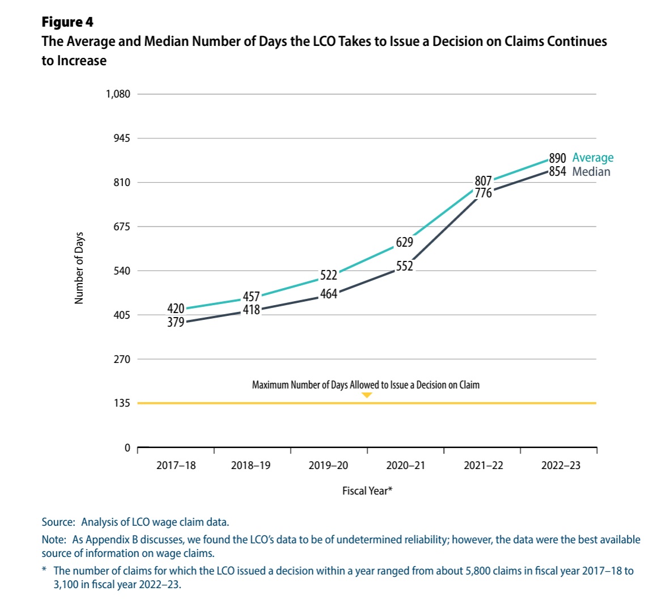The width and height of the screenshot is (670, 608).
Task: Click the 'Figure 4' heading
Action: (x=67, y=22)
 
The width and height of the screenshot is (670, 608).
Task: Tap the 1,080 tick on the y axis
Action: (x=118, y=94)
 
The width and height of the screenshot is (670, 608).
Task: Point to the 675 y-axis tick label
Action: (x=121, y=227)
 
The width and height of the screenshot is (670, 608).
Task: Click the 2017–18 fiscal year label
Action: (x=176, y=466)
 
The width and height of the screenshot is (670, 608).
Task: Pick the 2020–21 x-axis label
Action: (x=405, y=466)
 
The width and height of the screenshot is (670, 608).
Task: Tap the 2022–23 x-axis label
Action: (x=561, y=466)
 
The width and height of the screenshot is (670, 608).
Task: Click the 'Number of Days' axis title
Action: (x=79, y=268)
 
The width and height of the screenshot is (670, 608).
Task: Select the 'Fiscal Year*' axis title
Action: (x=367, y=491)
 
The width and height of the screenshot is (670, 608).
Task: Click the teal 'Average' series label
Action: (x=593, y=158)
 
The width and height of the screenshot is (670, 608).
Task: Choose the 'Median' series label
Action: (x=591, y=172)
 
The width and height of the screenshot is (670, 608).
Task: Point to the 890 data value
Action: (x=557, y=158)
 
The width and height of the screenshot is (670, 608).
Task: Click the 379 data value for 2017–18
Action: (x=176, y=322)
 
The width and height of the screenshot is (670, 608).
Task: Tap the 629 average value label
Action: (x=404, y=242)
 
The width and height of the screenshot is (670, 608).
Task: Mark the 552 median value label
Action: (x=404, y=266)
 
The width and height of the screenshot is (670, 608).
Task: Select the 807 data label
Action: (x=483, y=181)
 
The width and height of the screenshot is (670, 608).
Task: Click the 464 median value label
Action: (x=329, y=294)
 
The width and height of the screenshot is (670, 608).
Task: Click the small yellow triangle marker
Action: (x=367, y=395)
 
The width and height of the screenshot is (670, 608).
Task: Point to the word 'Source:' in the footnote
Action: (x=58, y=522)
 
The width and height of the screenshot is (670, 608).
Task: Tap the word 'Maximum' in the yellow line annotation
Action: (x=270, y=385)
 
